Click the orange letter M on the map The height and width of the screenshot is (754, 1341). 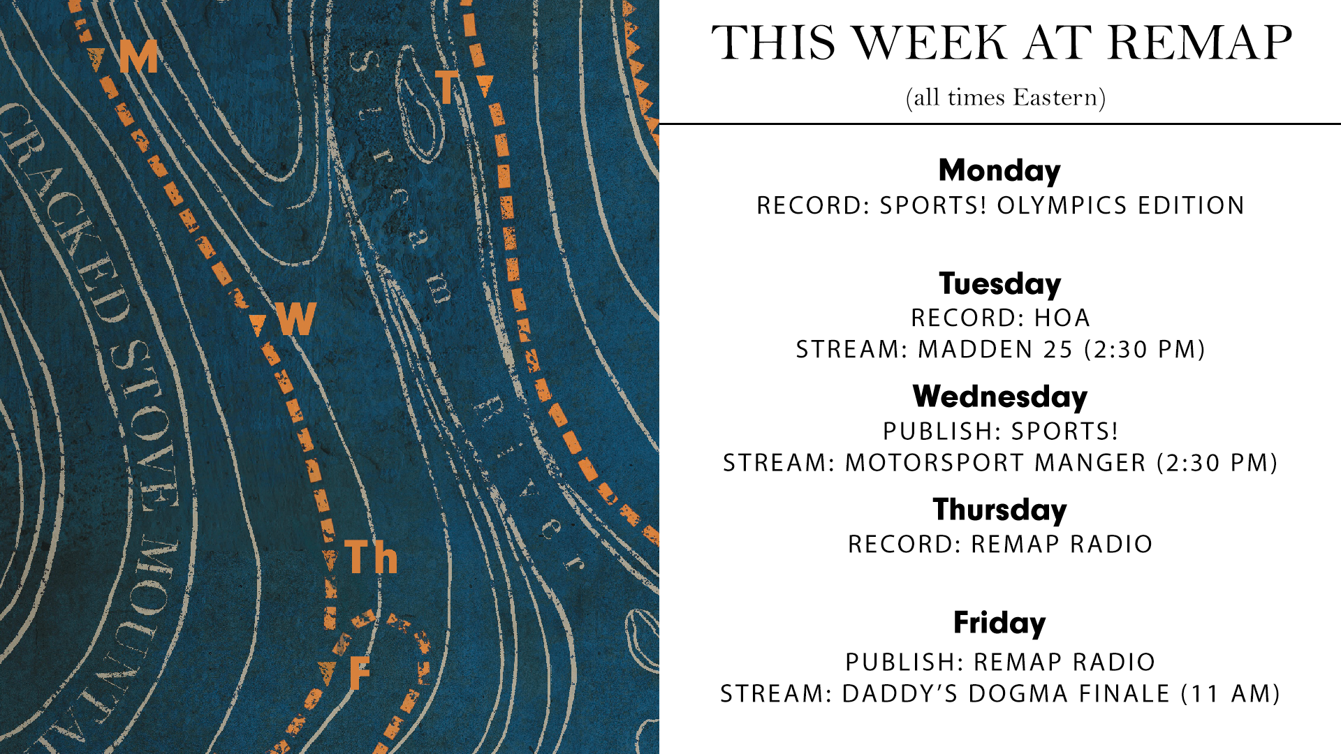138,56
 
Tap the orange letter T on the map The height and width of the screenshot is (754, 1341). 447,87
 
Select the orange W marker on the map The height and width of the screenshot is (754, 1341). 296,319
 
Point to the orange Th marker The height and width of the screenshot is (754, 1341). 371,557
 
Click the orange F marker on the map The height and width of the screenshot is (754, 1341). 359,673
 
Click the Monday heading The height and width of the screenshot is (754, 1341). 999,171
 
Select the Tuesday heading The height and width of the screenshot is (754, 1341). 999,284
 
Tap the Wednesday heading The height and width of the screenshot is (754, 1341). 999,397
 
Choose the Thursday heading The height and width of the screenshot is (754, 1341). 999,510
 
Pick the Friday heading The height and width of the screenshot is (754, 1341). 999,623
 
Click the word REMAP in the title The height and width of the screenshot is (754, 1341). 1199,43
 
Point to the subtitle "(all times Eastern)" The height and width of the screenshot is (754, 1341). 1005,98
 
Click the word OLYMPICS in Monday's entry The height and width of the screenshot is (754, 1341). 1062,205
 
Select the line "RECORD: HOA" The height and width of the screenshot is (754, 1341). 1000,318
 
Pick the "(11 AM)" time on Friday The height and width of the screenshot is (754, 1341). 1230,693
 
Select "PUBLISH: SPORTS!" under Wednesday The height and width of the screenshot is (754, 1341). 1000,431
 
